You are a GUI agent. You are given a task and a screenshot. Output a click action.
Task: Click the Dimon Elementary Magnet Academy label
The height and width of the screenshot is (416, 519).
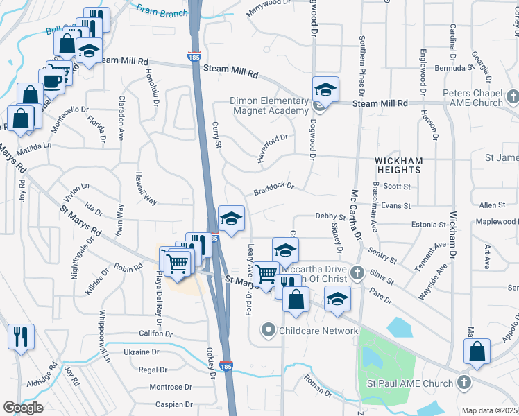(269, 105)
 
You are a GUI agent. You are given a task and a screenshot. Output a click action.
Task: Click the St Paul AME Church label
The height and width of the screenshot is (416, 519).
(413, 383)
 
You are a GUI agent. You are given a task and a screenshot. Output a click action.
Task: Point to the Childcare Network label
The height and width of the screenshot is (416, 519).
(318, 331)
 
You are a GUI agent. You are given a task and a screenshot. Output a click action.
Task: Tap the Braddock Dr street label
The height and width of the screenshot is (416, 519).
(274, 188)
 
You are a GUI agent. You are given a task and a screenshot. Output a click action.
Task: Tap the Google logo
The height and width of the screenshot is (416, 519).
(23, 407)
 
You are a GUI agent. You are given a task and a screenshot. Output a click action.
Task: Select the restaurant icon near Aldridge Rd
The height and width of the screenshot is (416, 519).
(21, 337)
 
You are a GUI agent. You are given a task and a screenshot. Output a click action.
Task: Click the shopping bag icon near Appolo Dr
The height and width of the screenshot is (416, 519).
(478, 351)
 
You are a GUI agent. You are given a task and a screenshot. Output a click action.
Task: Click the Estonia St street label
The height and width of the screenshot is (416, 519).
(427, 225)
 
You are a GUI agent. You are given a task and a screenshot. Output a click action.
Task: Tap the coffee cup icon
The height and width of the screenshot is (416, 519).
(52, 80)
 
